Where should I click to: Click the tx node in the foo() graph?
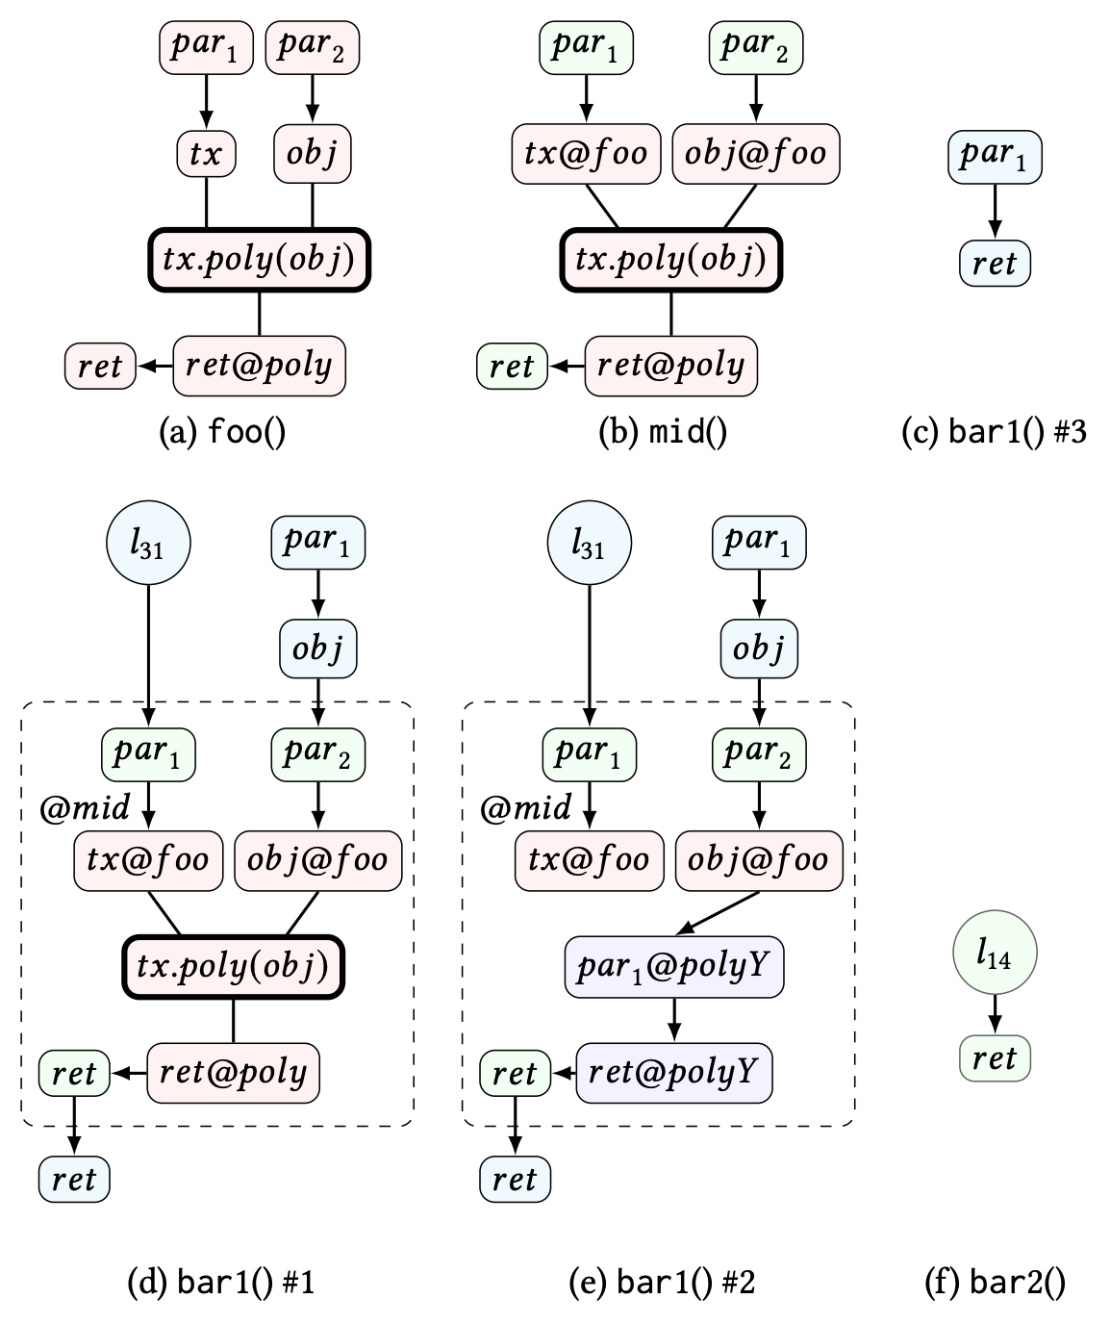click(x=206, y=153)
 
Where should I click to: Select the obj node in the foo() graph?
click(x=312, y=153)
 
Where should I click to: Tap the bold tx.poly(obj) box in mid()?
click(x=670, y=260)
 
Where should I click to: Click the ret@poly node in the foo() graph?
click(x=259, y=366)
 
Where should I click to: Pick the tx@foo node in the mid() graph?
click(x=586, y=153)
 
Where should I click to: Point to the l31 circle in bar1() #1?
click(x=147, y=544)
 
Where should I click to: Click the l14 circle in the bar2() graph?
click(x=995, y=954)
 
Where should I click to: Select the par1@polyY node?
click(x=673, y=965)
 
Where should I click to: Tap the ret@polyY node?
click(x=674, y=1072)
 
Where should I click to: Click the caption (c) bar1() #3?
click(x=994, y=432)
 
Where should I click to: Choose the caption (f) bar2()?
click(x=995, y=1283)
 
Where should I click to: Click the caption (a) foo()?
click(x=222, y=432)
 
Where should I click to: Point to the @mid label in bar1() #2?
click(x=525, y=807)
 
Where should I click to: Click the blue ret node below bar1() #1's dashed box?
click(x=74, y=1180)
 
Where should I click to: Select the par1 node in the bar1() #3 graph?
click(x=995, y=156)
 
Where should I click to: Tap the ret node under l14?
click(x=995, y=1058)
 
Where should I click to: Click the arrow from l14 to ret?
click(x=995, y=1012)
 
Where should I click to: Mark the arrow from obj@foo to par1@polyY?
click(x=719, y=912)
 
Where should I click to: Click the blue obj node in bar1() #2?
click(x=759, y=649)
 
